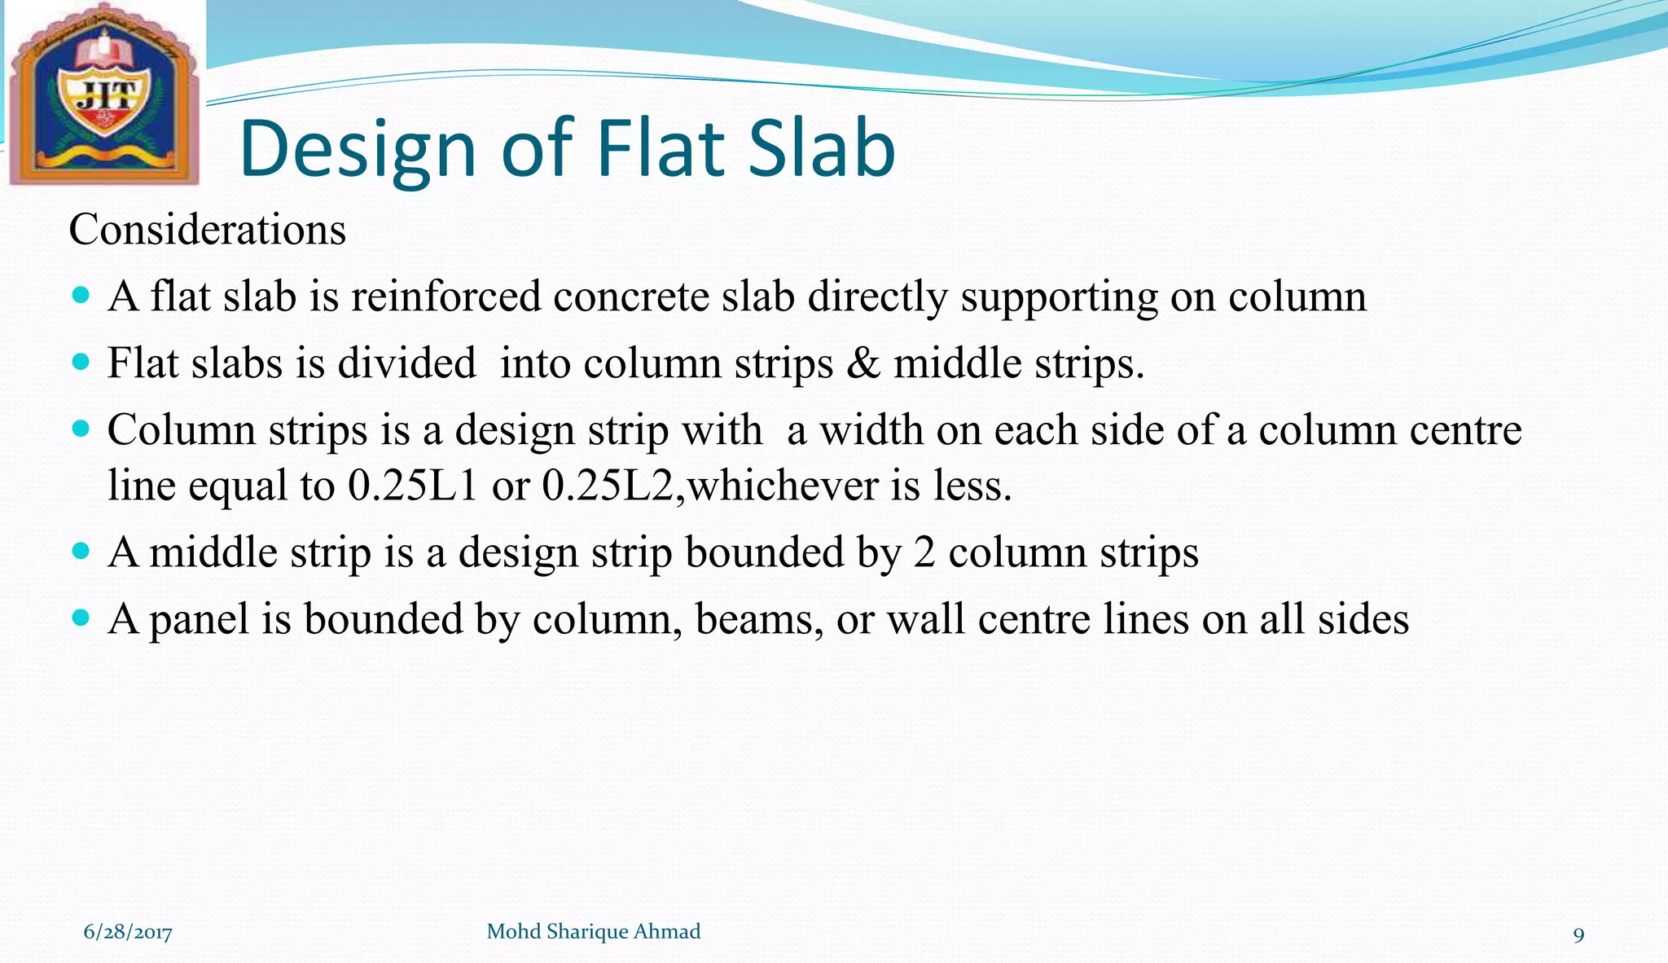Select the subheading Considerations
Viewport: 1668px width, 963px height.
click(x=207, y=230)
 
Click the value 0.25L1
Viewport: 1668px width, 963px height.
click(x=412, y=486)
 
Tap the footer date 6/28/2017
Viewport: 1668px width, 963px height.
click(x=128, y=932)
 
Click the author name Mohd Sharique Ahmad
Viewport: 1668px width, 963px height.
click(x=593, y=931)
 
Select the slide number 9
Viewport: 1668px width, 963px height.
click(x=1578, y=934)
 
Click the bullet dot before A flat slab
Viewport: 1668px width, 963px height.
click(x=80, y=294)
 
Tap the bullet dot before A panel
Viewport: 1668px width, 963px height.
click(x=80, y=618)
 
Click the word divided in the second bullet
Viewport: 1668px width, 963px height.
click(x=406, y=363)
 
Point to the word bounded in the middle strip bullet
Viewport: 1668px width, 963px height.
click(x=764, y=552)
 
